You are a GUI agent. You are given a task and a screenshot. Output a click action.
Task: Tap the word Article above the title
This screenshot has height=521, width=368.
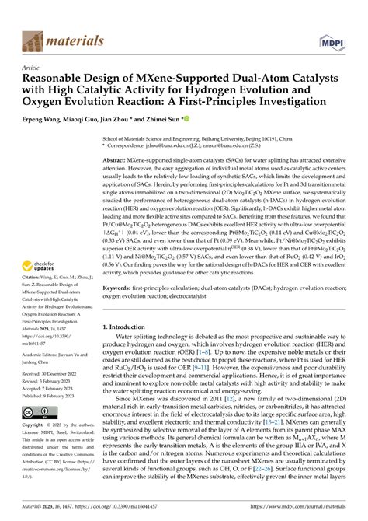[x=33, y=68]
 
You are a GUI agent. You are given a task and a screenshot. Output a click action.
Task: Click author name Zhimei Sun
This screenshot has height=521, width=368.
[x=162, y=119]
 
